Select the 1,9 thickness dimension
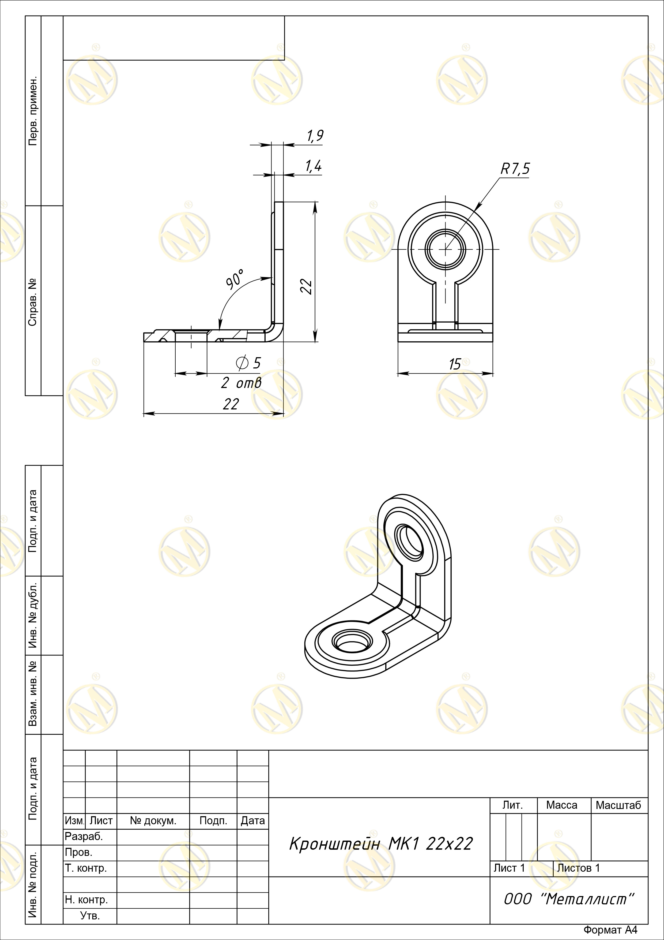[x=315, y=136]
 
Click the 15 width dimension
[x=455, y=364]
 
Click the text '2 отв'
[x=240, y=383]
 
